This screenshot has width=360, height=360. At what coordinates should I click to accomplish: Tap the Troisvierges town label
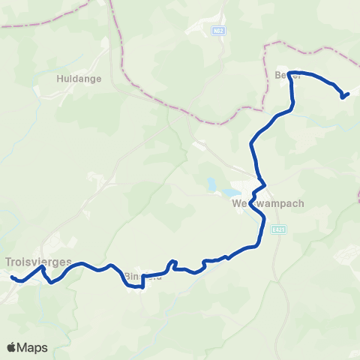click(x=38, y=262)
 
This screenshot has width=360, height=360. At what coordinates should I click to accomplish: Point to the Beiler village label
click(x=288, y=75)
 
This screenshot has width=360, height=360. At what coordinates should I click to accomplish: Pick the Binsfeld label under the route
click(x=142, y=275)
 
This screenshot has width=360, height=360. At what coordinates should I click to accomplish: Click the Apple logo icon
click(x=13, y=347)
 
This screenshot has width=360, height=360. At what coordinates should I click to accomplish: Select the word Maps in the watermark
click(x=34, y=347)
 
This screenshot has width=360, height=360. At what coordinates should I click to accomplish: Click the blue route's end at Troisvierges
click(x=12, y=277)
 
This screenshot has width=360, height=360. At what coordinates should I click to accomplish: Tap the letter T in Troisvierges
click(x=8, y=262)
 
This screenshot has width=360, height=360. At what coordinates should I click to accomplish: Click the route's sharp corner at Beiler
click(x=289, y=73)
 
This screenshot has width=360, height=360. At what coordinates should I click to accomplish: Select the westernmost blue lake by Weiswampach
click(x=212, y=184)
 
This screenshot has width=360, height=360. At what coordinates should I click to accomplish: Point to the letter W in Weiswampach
click(x=236, y=203)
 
